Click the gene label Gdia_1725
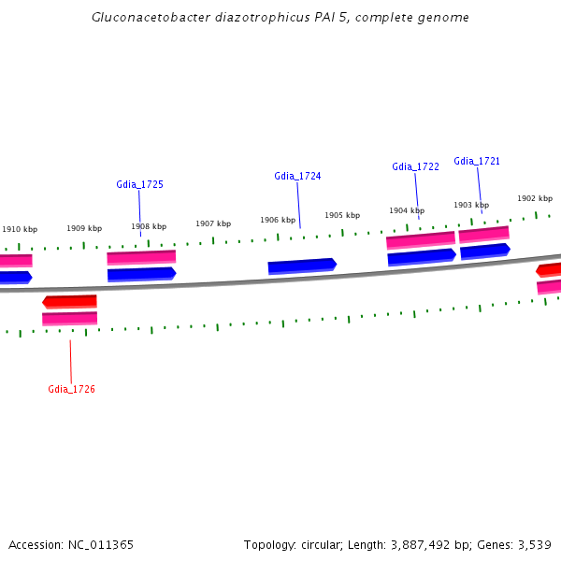click(x=140, y=184)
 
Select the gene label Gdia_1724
click(x=297, y=176)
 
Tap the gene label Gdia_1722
click(x=415, y=166)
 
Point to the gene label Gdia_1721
click(x=477, y=161)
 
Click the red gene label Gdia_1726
click(x=72, y=389)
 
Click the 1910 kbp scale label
click(x=20, y=229)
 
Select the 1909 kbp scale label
click(x=84, y=228)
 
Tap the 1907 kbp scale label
click(x=213, y=223)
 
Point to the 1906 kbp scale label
click(x=278, y=220)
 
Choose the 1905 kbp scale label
click(x=342, y=215)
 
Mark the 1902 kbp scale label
click(x=535, y=198)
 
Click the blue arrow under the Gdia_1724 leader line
click(x=302, y=266)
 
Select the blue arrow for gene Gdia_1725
click(x=141, y=274)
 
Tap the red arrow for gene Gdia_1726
click(x=69, y=301)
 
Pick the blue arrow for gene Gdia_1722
click(x=422, y=257)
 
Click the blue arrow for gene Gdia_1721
click(x=485, y=251)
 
